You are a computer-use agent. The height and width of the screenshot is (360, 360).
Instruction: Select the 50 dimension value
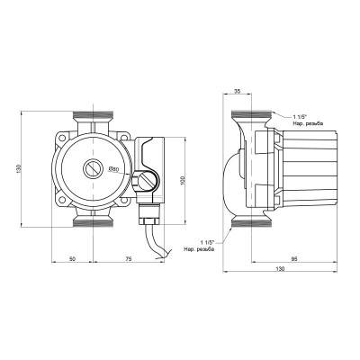[72, 258]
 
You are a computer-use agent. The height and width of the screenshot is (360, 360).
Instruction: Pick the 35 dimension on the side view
[237, 91]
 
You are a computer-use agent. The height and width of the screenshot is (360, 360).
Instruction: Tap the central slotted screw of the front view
[94, 168]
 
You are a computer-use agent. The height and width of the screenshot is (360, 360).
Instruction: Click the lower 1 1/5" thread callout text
[205, 245]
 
